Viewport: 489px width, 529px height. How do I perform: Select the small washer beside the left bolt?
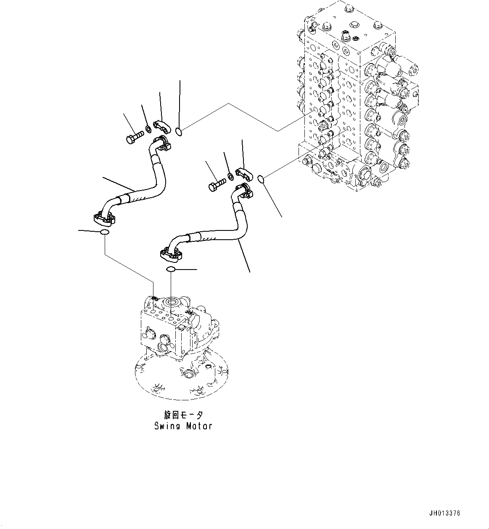tap(148, 128)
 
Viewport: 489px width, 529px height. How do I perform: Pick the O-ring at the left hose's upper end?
tap(179, 132)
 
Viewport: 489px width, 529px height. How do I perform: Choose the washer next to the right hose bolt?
tap(230, 176)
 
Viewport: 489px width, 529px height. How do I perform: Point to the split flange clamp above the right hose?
tap(243, 173)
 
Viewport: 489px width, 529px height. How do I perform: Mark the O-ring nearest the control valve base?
tap(261, 180)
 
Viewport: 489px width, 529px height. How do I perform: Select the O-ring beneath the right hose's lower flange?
tap(171, 269)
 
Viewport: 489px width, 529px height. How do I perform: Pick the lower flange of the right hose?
tap(171, 254)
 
